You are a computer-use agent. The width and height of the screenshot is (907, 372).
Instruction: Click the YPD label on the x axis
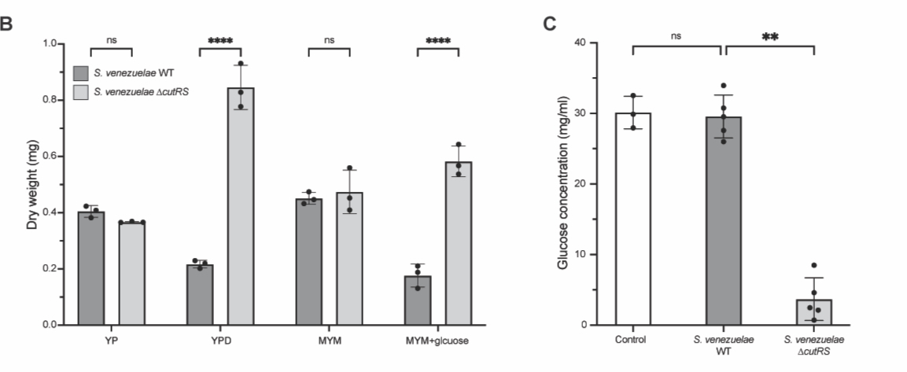(221, 341)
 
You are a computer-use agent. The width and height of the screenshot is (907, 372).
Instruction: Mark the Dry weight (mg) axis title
(32, 186)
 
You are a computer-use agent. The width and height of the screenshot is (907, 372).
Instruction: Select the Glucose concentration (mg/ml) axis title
(563, 184)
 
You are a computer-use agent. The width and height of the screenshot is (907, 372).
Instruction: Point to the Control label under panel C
(632, 341)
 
